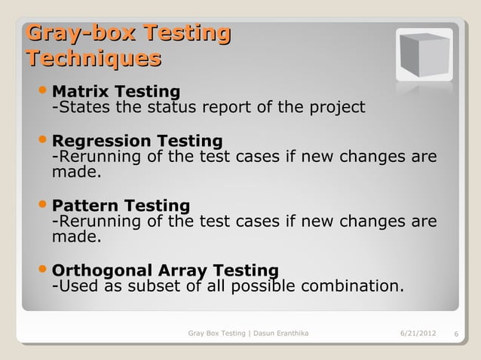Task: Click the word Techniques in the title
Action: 93,59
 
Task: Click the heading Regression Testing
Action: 136,141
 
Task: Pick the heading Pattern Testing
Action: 121,206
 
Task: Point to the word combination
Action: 351,287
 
